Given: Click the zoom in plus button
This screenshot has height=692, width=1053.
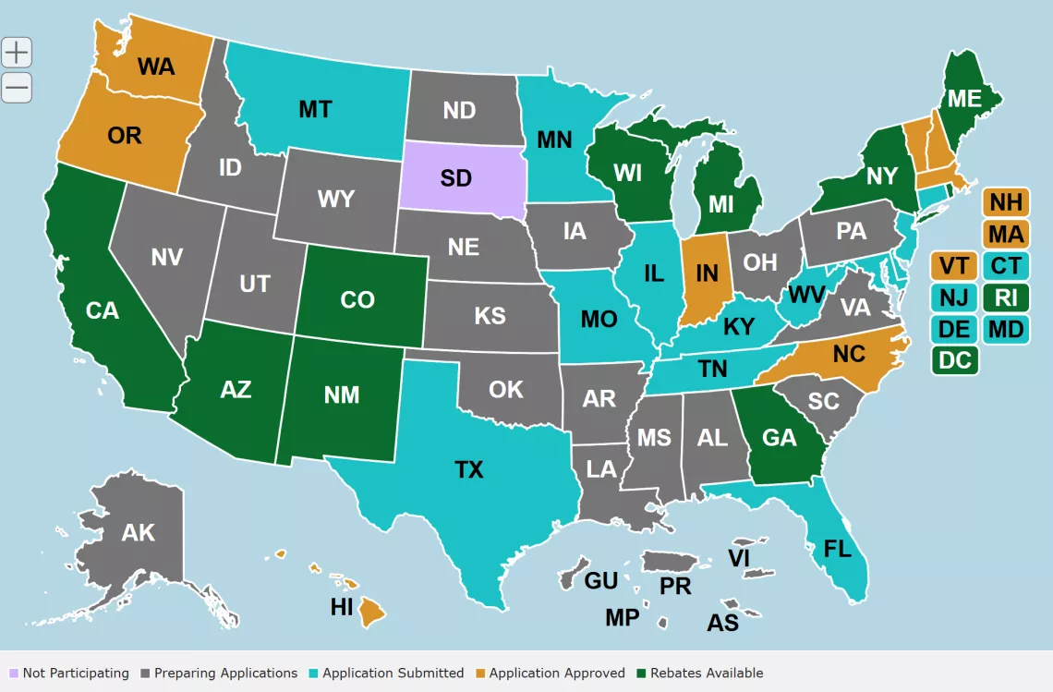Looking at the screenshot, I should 17,53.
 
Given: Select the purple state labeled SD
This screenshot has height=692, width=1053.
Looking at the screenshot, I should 456,177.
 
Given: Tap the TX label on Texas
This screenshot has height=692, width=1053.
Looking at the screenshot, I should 469,470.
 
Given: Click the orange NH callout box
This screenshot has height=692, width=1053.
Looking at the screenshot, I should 1006,201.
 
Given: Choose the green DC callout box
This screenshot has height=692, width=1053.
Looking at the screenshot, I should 955,359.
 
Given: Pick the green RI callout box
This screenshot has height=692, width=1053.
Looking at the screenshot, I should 1006,297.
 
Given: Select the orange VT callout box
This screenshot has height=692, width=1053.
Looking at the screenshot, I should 954,266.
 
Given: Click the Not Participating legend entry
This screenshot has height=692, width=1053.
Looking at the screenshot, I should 68,673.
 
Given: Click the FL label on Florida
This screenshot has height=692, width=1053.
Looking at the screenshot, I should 837,550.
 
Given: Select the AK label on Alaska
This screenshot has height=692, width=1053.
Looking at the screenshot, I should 139,533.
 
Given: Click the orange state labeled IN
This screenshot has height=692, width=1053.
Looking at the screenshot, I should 707,273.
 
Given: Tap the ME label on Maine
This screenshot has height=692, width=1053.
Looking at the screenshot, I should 963,98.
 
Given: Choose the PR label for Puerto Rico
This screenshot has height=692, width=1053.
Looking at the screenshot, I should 675,587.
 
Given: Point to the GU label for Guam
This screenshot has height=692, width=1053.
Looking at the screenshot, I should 600,581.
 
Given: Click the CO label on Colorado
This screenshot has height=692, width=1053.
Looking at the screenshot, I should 357,300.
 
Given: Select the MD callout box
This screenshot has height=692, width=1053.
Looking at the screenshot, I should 1006,329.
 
